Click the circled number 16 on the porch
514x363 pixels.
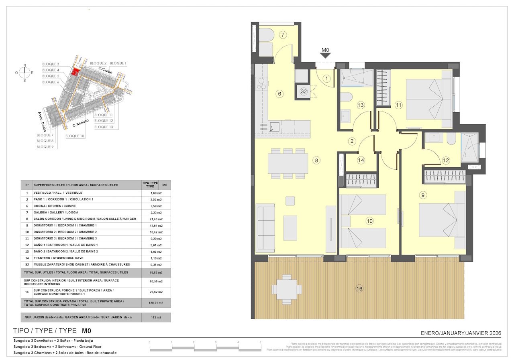click(x=359, y=288)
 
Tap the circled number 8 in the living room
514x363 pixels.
click(x=317, y=160)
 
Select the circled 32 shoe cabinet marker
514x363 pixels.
click(x=304, y=91)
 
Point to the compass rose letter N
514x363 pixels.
click(x=24, y=65)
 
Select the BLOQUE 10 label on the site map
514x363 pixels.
click(x=75, y=136)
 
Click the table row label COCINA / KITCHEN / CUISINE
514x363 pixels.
click(x=55, y=206)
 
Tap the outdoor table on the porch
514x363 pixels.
click(x=286, y=287)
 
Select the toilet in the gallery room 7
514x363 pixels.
click(x=266, y=36)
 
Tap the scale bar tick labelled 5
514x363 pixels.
click(x=260, y=342)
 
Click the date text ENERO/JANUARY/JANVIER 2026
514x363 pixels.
click(x=461, y=333)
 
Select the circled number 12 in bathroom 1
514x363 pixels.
click(x=446, y=160)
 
